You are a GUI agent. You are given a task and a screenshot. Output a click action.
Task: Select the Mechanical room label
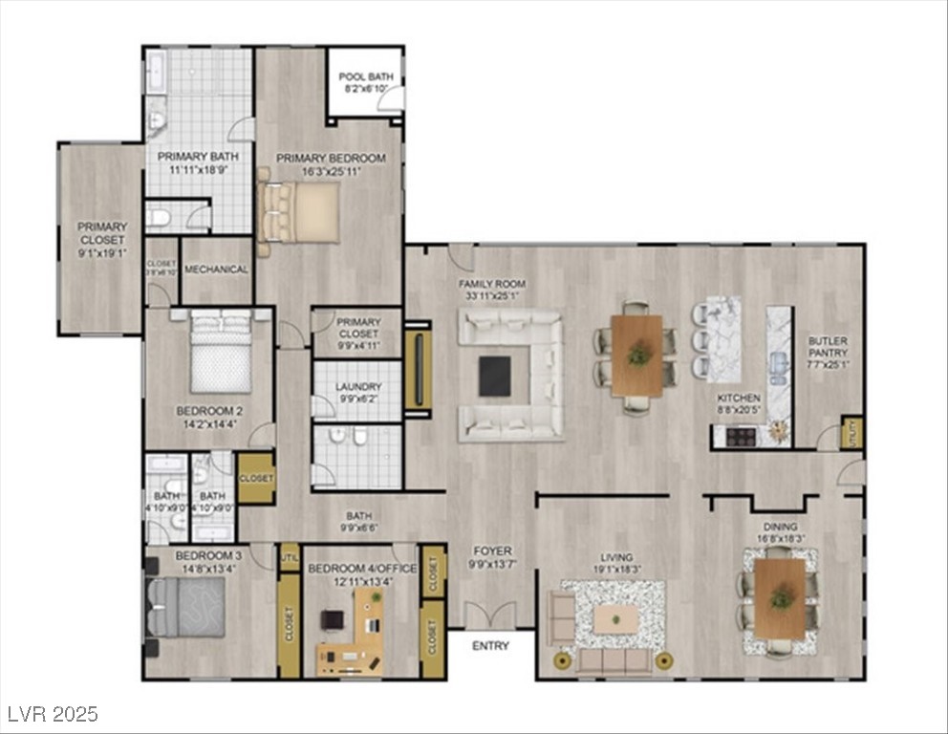tap(216, 270)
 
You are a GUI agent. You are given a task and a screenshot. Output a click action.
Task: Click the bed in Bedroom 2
tap(222, 355)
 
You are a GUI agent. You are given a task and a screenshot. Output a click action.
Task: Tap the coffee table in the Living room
tap(613, 620)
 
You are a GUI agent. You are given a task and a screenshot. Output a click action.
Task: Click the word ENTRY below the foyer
tap(491, 647)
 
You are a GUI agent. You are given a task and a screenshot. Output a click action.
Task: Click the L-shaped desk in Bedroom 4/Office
tap(355, 631)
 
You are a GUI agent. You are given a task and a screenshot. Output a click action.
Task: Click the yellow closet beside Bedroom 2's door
tap(256, 478)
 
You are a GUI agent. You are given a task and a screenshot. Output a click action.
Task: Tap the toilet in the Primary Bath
tap(159, 219)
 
